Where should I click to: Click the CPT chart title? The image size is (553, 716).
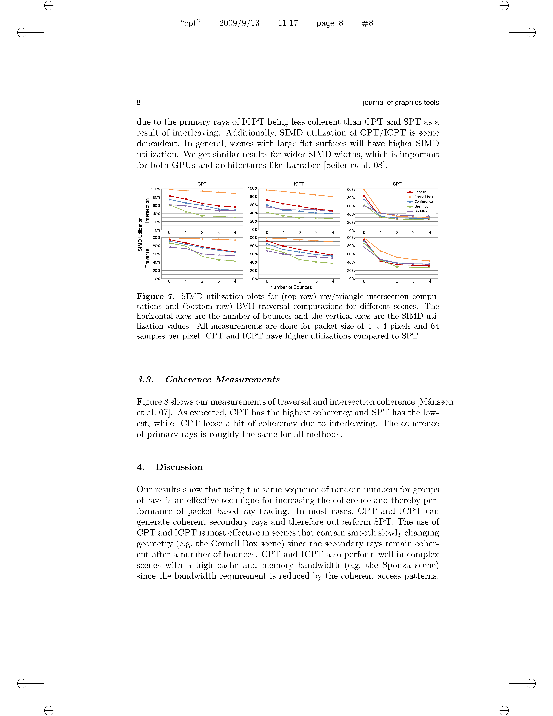(x=202, y=184)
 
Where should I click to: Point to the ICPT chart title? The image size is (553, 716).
(x=299, y=184)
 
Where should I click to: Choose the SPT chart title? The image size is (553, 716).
(x=397, y=184)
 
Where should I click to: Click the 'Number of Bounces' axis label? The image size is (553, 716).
(x=291, y=287)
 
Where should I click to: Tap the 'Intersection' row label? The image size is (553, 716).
(x=147, y=210)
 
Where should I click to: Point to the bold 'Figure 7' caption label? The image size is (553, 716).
(x=154, y=296)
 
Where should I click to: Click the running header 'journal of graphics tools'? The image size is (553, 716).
(x=401, y=103)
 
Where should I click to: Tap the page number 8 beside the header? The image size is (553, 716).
(x=139, y=103)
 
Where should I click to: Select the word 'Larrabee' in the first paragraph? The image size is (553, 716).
(x=303, y=165)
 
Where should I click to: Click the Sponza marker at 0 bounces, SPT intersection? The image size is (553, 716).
(x=364, y=196)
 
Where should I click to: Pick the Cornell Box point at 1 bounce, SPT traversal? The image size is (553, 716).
(x=380, y=251)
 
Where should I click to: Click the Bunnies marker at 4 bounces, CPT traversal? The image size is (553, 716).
(x=235, y=261)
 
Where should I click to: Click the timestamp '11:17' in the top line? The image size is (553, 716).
(x=288, y=23)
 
